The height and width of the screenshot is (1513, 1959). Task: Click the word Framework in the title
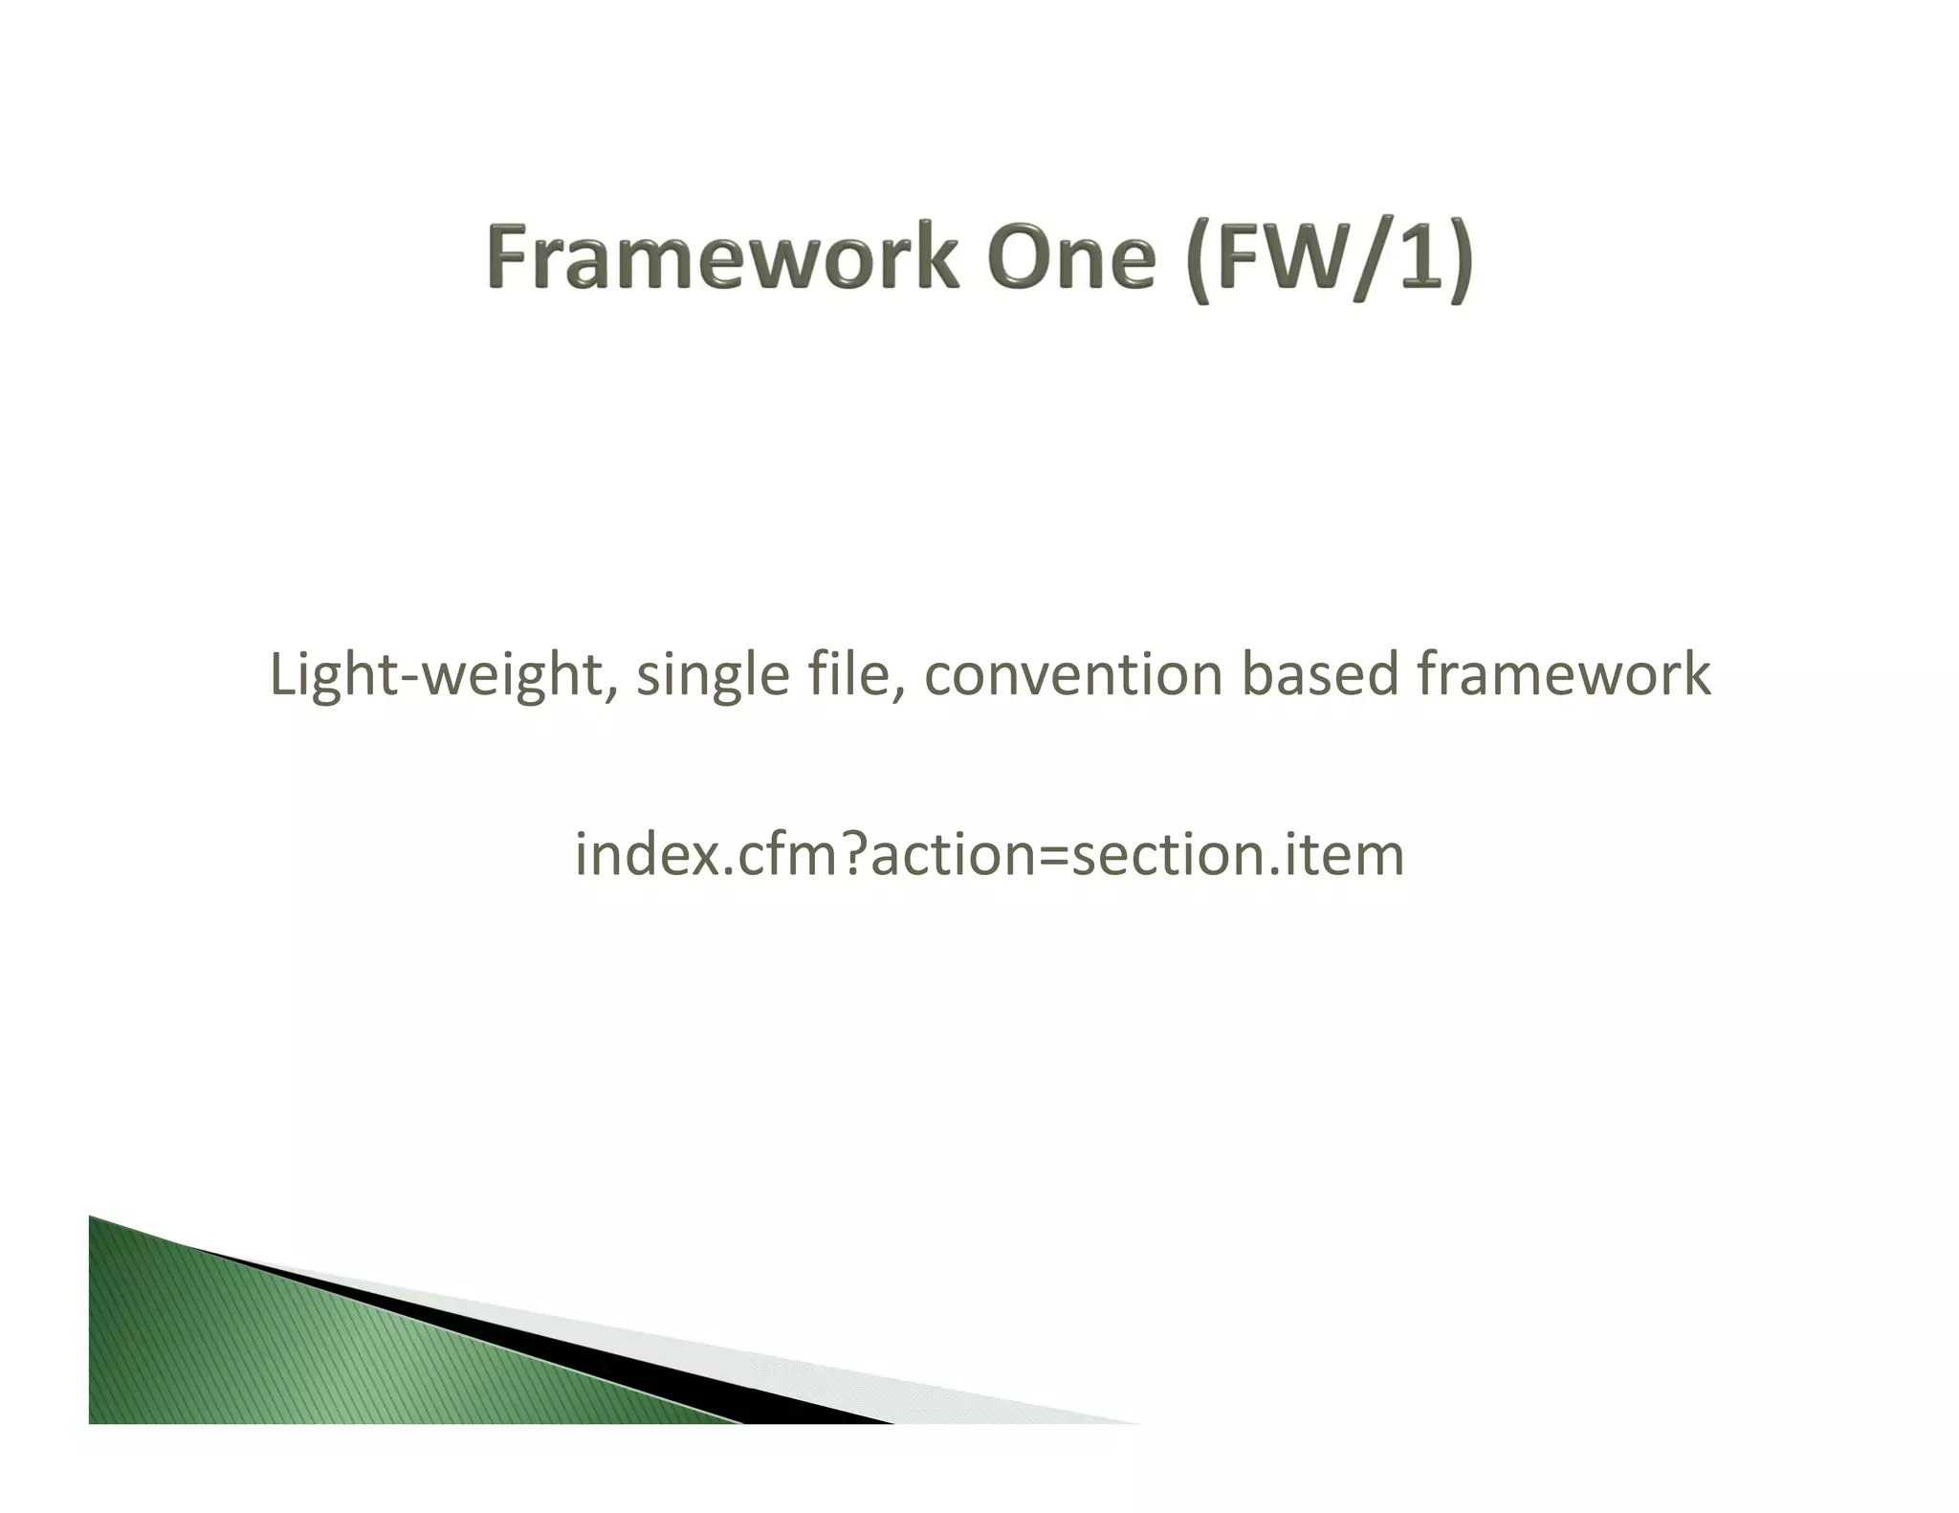coord(722,257)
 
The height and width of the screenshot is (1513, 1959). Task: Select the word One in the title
coord(1072,257)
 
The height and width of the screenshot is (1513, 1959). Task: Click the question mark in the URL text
coord(854,853)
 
